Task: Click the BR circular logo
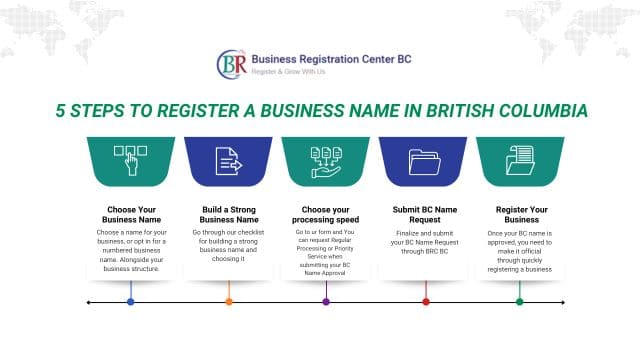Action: click(x=233, y=64)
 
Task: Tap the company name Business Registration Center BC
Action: click(x=331, y=58)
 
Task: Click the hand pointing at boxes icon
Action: click(x=131, y=160)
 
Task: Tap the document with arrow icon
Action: click(x=229, y=160)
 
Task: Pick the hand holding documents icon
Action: click(x=326, y=160)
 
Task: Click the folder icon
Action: click(x=425, y=160)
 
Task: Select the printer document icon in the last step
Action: click(x=520, y=160)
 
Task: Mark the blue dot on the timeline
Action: click(x=131, y=301)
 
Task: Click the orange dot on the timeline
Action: click(x=229, y=301)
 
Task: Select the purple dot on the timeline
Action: click(x=326, y=301)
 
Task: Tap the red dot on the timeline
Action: click(x=426, y=301)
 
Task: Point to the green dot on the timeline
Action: click(x=519, y=301)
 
